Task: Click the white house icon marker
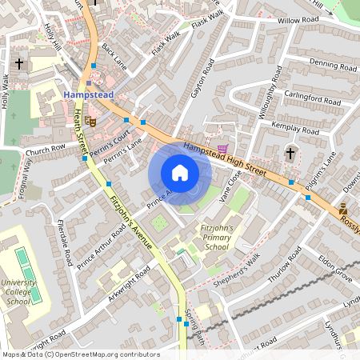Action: click(x=180, y=173)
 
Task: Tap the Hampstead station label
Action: click(x=89, y=94)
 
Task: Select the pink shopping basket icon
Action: click(x=222, y=149)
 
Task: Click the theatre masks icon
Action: click(x=91, y=121)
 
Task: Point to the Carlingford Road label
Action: click(x=313, y=99)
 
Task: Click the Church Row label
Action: click(x=45, y=149)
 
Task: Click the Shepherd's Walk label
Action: click(x=240, y=264)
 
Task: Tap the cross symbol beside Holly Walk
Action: click(x=19, y=62)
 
